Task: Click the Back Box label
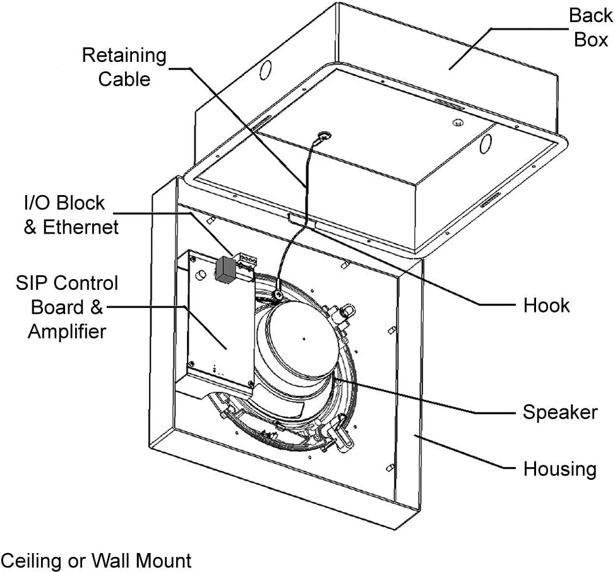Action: point(590,27)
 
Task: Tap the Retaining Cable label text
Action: point(124,67)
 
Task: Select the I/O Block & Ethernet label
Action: point(71,215)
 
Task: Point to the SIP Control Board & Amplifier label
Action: point(67,307)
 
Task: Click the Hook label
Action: point(546,306)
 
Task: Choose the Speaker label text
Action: point(560,412)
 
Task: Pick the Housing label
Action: point(559,468)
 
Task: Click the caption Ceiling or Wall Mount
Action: point(96,560)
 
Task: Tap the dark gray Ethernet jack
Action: point(225,270)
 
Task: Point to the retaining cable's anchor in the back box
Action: point(325,136)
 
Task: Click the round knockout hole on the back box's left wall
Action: point(266,69)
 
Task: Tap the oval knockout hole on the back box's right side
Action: point(485,144)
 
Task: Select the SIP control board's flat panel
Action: point(220,321)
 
